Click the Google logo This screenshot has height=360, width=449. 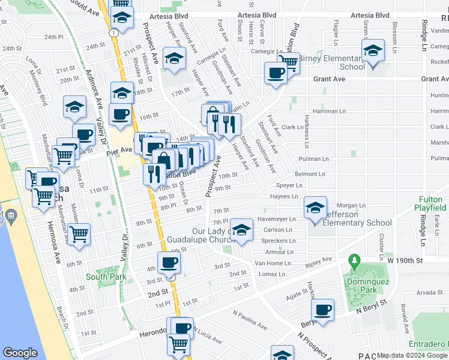coord(20,353)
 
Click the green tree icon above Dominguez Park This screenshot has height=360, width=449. coord(355,260)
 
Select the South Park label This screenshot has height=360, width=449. coord(106,277)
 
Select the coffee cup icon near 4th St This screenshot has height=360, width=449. coord(169,262)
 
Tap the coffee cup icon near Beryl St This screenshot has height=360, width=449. coord(323,310)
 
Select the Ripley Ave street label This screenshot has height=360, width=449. coord(318,262)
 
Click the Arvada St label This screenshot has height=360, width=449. coord(429,293)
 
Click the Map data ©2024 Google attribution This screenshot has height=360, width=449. coord(412,355)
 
